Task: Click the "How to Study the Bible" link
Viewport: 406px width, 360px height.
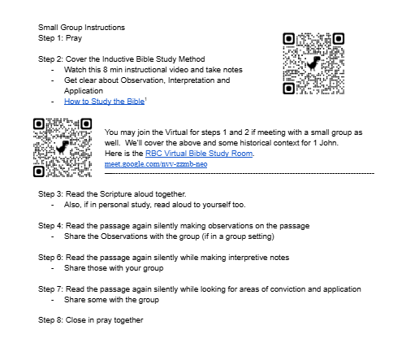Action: pyautogui.click(x=104, y=102)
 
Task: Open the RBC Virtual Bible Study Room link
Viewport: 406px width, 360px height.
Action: pyautogui.click(x=199, y=154)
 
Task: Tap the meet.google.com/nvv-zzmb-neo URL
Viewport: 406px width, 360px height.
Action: pyautogui.click(x=156, y=164)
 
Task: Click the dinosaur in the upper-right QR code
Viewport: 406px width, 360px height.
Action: pyautogui.click(x=313, y=63)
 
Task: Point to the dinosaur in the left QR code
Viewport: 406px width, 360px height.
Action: pyautogui.click(x=63, y=148)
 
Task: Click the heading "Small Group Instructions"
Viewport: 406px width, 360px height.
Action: pyautogui.click(x=81, y=28)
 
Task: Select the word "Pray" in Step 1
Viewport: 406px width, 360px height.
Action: pyautogui.click(x=74, y=38)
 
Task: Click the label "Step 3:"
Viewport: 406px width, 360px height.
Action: pyautogui.click(x=50, y=194)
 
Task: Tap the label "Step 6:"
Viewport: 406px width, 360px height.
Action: pyautogui.click(x=50, y=258)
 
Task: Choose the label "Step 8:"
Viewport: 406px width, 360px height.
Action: pyautogui.click(x=50, y=320)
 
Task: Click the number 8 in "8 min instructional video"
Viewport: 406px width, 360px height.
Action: pyautogui.click(x=106, y=70)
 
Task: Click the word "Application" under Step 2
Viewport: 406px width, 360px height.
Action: pyautogui.click(x=84, y=91)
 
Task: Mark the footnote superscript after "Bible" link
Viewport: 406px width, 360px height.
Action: pyautogui.click(x=145, y=99)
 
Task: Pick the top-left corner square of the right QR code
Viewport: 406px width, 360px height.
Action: pyautogui.click(x=289, y=39)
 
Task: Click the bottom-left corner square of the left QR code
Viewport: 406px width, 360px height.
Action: pyautogui.click(x=39, y=171)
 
